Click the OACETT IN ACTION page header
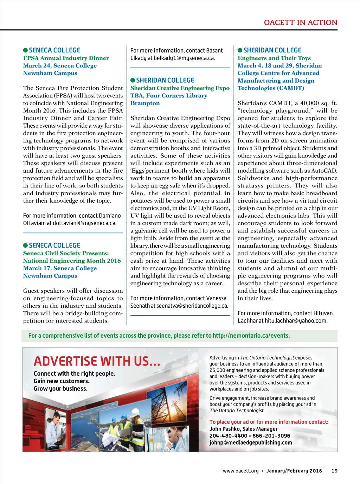click(x=301, y=23)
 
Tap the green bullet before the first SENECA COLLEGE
click(x=25, y=50)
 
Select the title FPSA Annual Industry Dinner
click(x=66, y=58)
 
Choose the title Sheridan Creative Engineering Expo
click(x=180, y=88)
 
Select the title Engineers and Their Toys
click(x=274, y=58)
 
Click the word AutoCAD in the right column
click(x=324, y=171)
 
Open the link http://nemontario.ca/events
click(x=251, y=336)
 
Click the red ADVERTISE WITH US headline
click(x=97, y=361)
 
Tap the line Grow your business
click(x=60, y=389)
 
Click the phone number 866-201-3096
click(x=271, y=435)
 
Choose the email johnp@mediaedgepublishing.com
click(x=251, y=442)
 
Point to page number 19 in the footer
click(x=334, y=471)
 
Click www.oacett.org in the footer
click(x=240, y=471)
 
